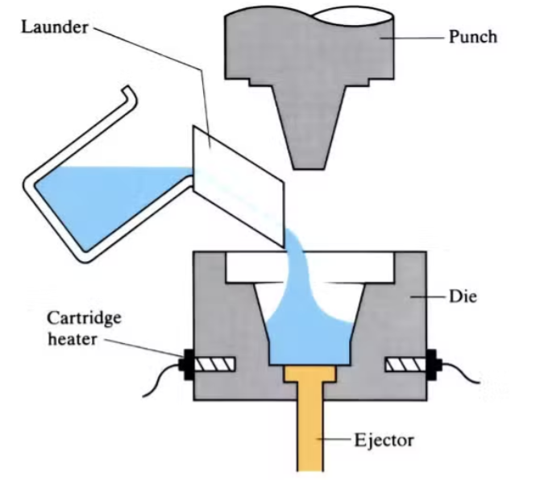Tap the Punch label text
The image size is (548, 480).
[x=473, y=37]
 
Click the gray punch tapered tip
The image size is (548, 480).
[x=312, y=129]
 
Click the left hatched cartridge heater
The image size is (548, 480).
[x=216, y=365]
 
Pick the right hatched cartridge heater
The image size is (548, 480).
[x=405, y=365]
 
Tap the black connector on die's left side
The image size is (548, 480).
[x=188, y=365]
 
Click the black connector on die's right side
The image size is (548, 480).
[x=434, y=365]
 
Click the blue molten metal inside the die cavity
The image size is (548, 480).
[x=309, y=338]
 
